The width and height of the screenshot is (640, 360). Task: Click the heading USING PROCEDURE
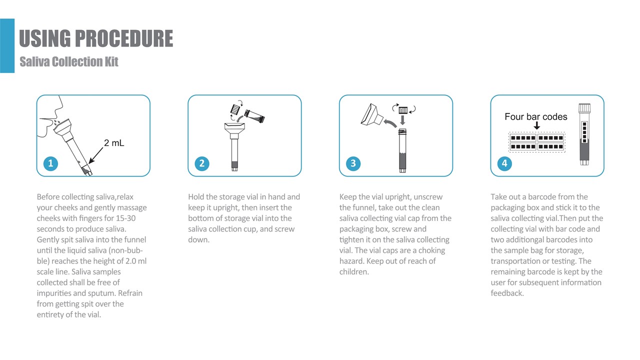coord(96,38)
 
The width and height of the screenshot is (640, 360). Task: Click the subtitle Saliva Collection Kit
coord(69,61)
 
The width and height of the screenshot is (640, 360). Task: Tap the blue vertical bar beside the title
coord(7,45)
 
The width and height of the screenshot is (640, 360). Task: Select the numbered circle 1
coord(50,163)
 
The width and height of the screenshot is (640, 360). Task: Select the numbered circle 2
coord(202,163)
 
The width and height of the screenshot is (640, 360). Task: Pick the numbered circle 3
coord(353,163)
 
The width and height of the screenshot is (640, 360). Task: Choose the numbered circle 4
coord(504,163)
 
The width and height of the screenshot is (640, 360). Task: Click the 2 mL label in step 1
coord(114,143)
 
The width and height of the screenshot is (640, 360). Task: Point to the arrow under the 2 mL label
coord(96,155)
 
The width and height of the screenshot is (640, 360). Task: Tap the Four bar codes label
coord(535,116)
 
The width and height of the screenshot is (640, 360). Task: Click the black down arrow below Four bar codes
coord(537,125)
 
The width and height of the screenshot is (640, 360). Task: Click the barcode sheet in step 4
coord(537,142)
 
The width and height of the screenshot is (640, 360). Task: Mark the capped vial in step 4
coord(584,134)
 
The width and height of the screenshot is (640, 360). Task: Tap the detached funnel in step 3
coord(371,115)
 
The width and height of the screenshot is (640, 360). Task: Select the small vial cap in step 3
coord(403,110)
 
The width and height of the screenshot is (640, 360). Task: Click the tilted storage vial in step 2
coord(254,116)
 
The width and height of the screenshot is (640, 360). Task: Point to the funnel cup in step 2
coord(234,129)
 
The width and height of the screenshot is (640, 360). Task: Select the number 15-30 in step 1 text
coord(125,218)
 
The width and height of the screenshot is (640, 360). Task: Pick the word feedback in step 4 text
coord(507,293)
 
